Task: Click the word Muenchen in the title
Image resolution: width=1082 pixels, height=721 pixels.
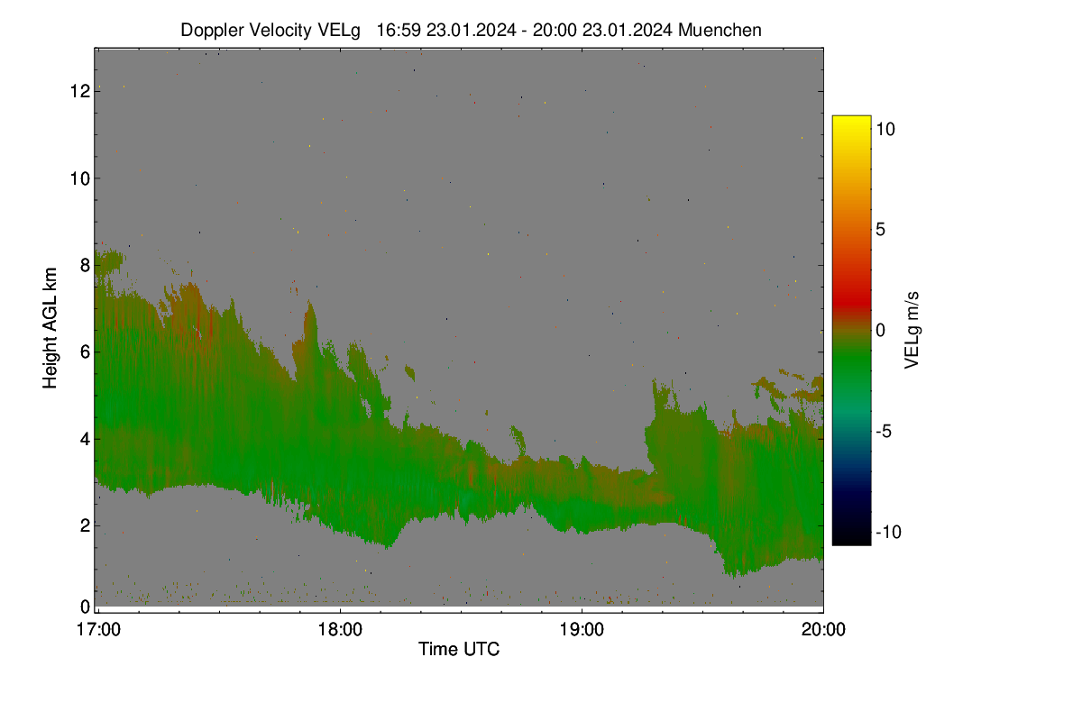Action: (x=720, y=31)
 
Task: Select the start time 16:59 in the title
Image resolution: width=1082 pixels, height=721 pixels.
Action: (x=399, y=31)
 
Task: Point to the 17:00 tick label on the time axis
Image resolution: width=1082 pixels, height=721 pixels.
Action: (x=98, y=630)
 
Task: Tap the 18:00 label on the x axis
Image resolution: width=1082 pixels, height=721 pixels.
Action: (x=340, y=630)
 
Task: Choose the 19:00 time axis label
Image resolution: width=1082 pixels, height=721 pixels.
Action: (x=582, y=630)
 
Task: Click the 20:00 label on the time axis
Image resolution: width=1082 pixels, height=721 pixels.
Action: (x=823, y=630)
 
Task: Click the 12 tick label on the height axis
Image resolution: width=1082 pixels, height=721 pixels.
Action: (x=80, y=91)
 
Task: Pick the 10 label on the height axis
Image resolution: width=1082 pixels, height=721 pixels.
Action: (x=80, y=178)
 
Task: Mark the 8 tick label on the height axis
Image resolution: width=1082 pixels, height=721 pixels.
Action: (x=85, y=265)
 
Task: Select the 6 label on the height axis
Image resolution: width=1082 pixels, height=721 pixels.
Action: (x=85, y=352)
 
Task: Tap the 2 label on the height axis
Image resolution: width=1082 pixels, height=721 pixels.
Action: (x=85, y=525)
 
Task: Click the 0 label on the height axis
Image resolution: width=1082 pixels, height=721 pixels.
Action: (x=85, y=607)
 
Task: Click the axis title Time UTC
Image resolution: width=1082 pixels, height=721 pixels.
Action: (x=459, y=650)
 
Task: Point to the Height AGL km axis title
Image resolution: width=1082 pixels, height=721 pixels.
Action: (x=50, y=328)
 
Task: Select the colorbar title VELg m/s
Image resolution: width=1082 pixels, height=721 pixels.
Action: (x=912, y=331)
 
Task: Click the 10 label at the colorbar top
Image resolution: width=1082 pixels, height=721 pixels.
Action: (x=885, y=130)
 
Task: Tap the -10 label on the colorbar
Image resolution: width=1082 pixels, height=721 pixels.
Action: (x=889, y=532)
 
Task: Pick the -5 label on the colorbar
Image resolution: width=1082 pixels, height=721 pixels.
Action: (x=884, y=431)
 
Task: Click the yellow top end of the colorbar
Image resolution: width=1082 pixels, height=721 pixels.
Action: (x=851, y=118)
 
